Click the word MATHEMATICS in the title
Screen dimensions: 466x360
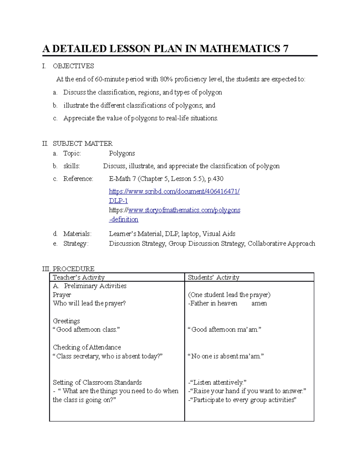[x=240, y=49]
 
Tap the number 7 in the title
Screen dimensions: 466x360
[x=285, y=49]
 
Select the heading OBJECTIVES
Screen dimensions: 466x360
[x=73, y=66]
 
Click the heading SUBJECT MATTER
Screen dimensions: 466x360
[x=82, y=143]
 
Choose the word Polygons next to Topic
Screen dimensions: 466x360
[x=122, y=153]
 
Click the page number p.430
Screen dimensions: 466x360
[x=215, y=179]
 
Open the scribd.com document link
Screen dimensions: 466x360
[x=174, y=191]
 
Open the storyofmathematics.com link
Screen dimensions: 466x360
[x=184, y=210]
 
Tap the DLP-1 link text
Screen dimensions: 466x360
[x=118, y=201]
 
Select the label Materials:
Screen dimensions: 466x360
[x=77, y=234]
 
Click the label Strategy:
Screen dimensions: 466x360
[x=76, y=243]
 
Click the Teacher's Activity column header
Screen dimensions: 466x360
[x=79, y=277]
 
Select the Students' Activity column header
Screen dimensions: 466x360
[x=214, y=277]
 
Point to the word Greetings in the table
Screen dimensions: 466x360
[x=66, y=321]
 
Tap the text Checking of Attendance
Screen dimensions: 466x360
[x=87, y=347]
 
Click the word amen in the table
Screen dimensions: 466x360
[x=259, y=303]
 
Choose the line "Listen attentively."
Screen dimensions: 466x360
[x=217, y=382]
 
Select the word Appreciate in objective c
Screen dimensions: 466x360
[x=79, y=118]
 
